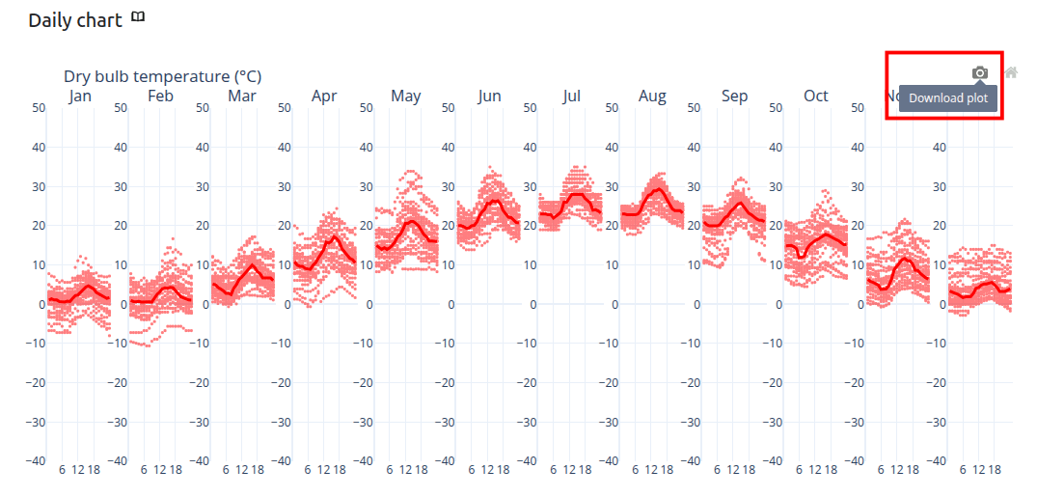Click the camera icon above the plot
(x=980, y=72)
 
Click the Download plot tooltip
(x=948, y=97)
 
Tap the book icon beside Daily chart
(x=138, y=17)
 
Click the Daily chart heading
(x=75, y=20)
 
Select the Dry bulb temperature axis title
(x=162, y=76)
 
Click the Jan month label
(x=80, y=96)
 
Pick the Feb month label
(x=161, y=96)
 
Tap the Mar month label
(x=242, y=96)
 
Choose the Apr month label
(x=324, y=96)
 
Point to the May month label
(x=406, y=96)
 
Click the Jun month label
(x=489, y=96)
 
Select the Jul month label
(x=571, y=96)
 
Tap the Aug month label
(x=652, y=96)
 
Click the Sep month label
(x=734, y=96)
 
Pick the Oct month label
(x=816, y=96)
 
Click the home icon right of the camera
(x=1011, y=72)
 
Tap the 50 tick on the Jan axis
(x=38, y=108)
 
